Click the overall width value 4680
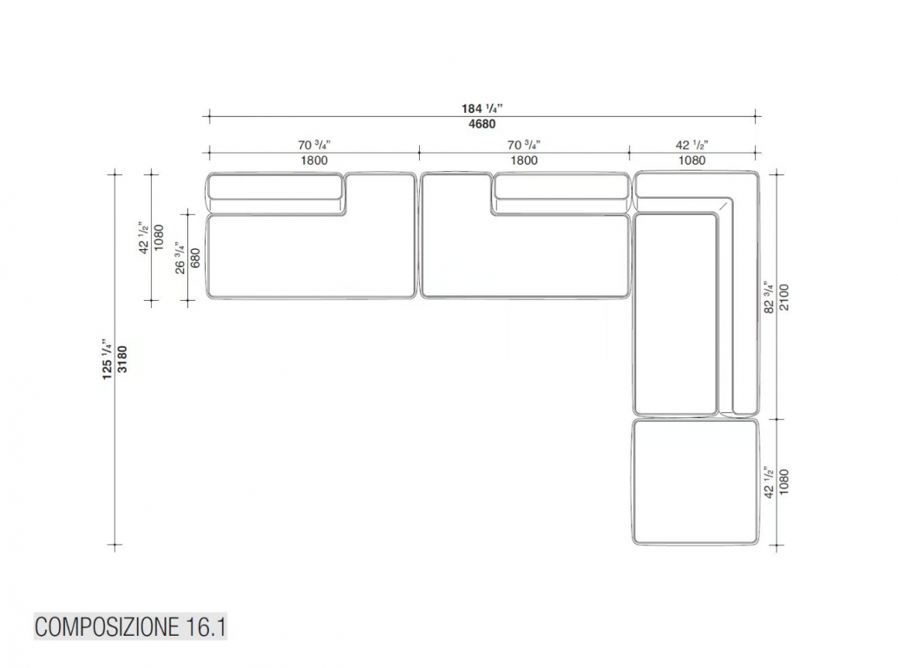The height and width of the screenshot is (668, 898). pos(482,123)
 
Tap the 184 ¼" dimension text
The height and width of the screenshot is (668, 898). pos(482,108)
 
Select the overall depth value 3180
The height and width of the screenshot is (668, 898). pos(122,359)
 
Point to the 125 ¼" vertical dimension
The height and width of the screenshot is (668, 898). pos(106,359)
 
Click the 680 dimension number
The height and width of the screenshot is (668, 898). pos(195,258)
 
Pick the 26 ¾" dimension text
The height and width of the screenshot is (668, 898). pos(180,258)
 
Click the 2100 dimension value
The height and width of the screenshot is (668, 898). pos(784,297)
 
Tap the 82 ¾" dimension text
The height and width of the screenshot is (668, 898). pos(769,297)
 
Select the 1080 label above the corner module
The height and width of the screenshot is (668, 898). pos(692,160)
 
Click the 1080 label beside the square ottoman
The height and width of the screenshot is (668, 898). pos(784,482)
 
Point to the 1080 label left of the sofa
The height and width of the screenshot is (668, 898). pos(159,238)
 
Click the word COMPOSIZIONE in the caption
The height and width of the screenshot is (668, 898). pos(107,627)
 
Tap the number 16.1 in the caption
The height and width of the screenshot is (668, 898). pos(206,627)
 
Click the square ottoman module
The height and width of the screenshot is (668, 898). pos(695,482)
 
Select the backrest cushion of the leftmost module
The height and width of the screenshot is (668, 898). pos(275,186)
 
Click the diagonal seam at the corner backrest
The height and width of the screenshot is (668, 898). pos(723,206)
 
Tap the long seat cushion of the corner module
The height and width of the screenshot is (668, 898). pos(675,314)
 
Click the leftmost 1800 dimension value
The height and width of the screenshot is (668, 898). pos(314,160)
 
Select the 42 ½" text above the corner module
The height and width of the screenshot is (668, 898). pos(692,144)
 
